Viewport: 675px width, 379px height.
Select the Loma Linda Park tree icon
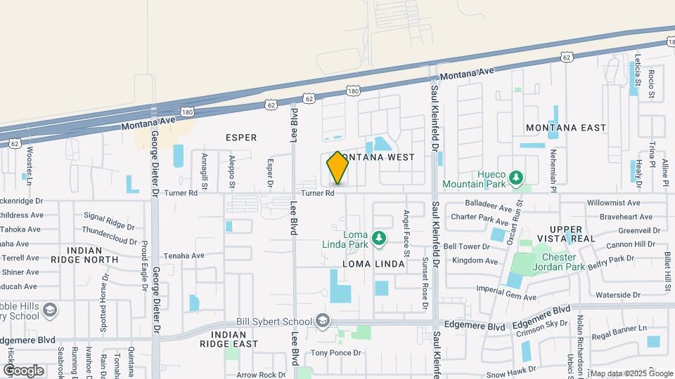click(x=379, y=239)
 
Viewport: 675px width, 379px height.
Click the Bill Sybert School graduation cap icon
click(x=323, y=321)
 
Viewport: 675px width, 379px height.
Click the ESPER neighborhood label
click(x=241, y=138)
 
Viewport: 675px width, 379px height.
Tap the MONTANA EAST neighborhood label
click(x=565, y=128)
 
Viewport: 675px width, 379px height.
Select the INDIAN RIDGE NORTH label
click(x=94, y=255)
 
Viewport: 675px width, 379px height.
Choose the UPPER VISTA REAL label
click(x=566, y=234)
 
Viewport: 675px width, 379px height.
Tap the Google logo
click(x=23, y=370)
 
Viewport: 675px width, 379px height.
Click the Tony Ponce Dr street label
click(x=335, y=352)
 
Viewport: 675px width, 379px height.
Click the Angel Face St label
click(x=406, y=228)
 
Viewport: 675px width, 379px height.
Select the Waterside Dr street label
click(x=619, y=295)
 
